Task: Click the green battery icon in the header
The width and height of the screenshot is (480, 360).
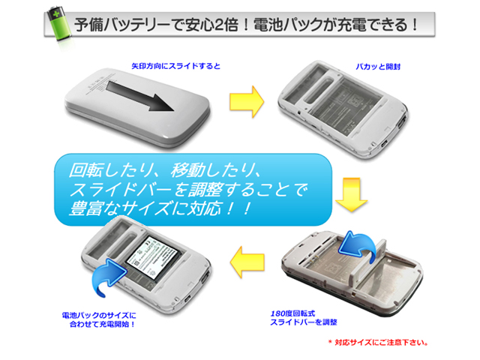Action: coord(60,24)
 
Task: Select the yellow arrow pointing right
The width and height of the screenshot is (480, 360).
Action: coord(247,102)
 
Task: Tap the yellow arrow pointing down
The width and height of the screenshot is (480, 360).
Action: coord(352,195)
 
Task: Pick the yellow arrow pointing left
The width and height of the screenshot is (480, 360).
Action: coord(247,262)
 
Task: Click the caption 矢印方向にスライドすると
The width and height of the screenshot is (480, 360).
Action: coord(175,66)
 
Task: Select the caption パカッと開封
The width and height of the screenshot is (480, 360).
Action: coord(378,67)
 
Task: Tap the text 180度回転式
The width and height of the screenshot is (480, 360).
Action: coord(292,313)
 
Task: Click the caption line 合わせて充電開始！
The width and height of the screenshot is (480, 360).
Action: coord(103,324)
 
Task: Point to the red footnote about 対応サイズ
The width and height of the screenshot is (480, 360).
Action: coord(378,343)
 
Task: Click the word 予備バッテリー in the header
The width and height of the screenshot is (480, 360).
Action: coord(121,25)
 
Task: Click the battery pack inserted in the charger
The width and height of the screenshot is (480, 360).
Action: coord(152,258)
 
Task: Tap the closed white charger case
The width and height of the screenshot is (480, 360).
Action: coord(137,108)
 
